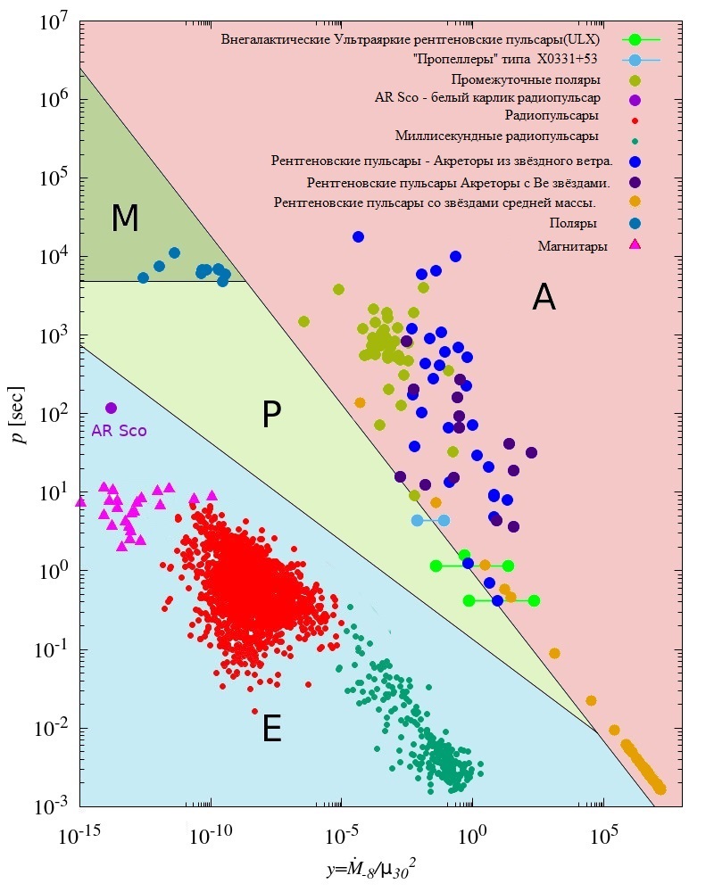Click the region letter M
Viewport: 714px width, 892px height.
pyautogui.click(x=125, y=219)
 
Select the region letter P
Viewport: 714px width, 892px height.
pyautogui.click(x=272, y=415)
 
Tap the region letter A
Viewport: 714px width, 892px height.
pyautogui.click(x=544, y=297)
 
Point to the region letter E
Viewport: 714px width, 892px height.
pyautogui.click(x=272, y=731)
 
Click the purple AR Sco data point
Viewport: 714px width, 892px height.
pyautogui.click(x=112, y=408)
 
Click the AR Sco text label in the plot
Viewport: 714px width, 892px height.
pyautogui.click(x=120, y=430)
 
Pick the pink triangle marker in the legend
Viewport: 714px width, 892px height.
pyautogui.click(x=635, y=244)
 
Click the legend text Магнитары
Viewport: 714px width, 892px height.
pyautogui.click(x=573, y=246)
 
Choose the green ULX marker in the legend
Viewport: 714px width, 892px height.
pyautogui.click(x=635, y=40)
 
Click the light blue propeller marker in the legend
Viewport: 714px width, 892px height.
pyautogui.click(x=635, y=60)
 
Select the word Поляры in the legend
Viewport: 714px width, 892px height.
pyautogui.click(x=573, y=223)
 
